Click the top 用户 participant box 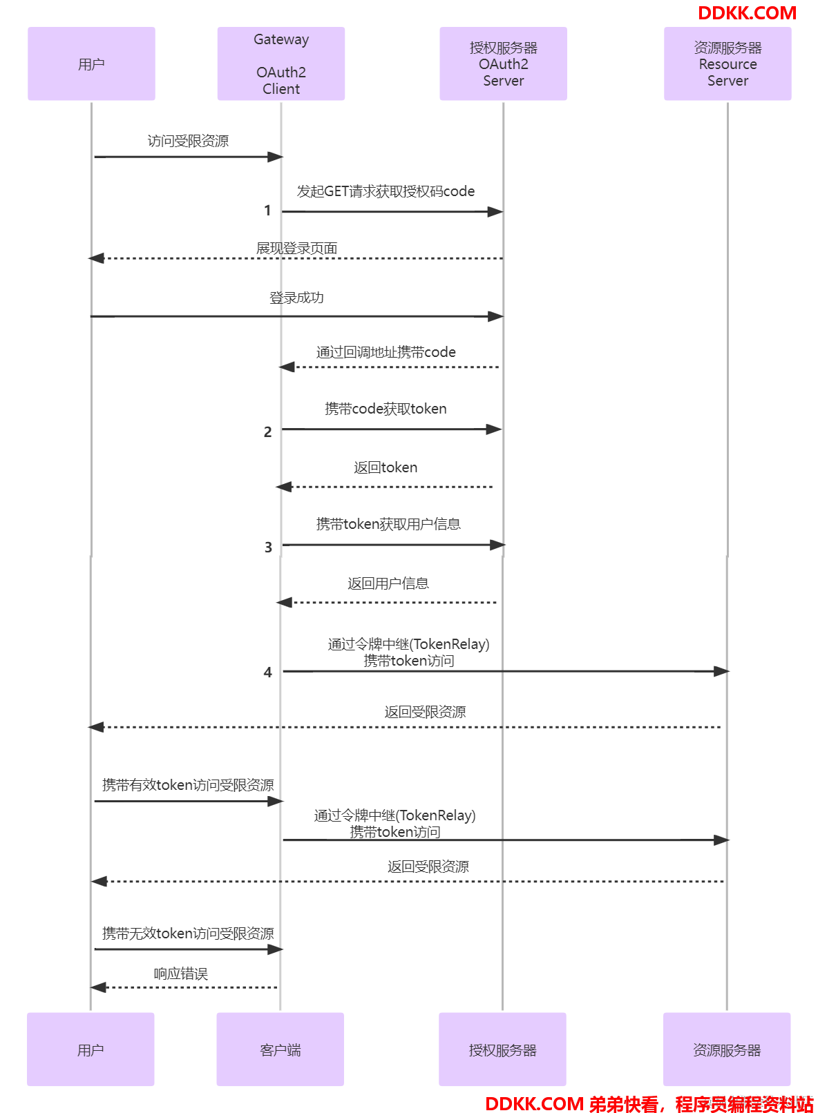[91, 64]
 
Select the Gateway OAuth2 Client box [281, 64]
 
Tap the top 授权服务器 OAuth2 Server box [503, 64]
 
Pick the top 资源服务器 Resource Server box [727, 64]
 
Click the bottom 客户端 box [280, 1049]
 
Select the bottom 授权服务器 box [502, 1049]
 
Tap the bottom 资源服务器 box [727, 1049]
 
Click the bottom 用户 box [91, 1049]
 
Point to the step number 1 [267, 211]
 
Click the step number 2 [267, 432]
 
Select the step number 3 [268, 547]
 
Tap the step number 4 [267, 672]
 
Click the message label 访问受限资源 [188, 141]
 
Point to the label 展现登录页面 [296, 248]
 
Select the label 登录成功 [296, 298]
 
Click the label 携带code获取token [386, 409]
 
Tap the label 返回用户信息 [388, 583]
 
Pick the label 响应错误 [180, 974]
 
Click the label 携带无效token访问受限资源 [188, 933]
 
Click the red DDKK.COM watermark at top [747, 13]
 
